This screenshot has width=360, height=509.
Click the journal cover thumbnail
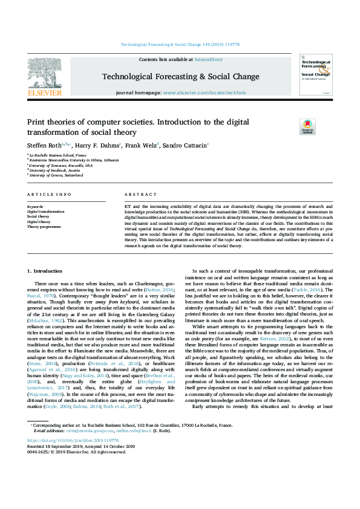pos(315,75)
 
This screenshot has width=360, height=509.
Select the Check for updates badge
pos(307,127)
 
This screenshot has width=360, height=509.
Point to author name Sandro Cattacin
pos(187,146)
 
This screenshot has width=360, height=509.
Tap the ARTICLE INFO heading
pos(49,194)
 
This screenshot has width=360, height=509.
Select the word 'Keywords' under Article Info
pos(35,206)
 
